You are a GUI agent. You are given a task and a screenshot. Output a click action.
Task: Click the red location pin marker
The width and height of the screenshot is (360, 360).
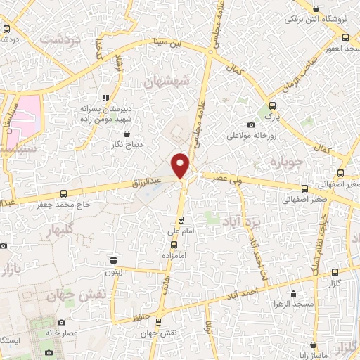pyautogui.click(x=181, y=165)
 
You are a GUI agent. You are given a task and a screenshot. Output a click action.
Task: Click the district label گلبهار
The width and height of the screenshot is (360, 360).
pyautogui.click(x=58, y=231)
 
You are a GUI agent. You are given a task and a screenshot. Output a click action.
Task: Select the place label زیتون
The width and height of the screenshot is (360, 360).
pyautogui.click(x=113, y=271)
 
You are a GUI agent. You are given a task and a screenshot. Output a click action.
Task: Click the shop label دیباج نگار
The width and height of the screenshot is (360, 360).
pyautogui.click(x=127, y=145)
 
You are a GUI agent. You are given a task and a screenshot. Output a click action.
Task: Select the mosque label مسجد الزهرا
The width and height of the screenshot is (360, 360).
pyautogui.click(x=292, y=307)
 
